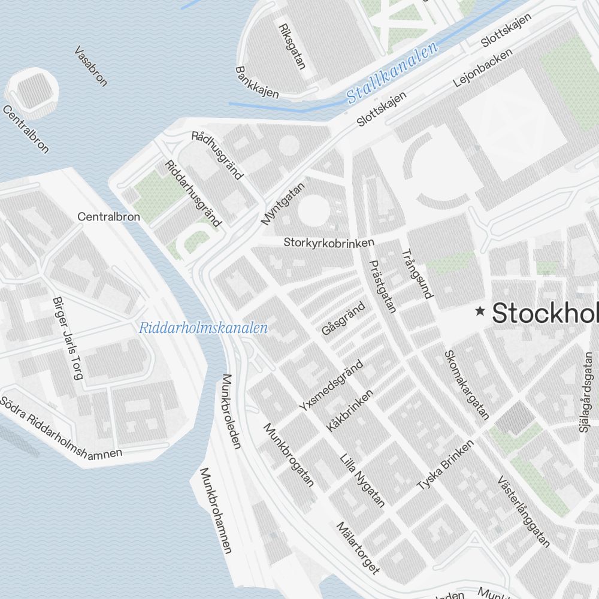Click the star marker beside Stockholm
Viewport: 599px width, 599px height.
pos(480,311)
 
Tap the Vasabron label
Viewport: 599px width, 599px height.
pos(91,66)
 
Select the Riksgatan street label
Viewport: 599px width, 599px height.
pos(292,46)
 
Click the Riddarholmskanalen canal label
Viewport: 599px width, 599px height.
pos(203,328)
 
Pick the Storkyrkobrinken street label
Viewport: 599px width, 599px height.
pos(329,243)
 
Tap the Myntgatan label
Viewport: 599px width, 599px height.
pos(283,204)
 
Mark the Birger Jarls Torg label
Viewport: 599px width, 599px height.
pos(68,338)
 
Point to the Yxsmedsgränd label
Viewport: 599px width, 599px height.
pos(331,385)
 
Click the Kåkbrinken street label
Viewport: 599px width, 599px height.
pos(350,410)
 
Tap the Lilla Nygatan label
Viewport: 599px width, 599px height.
pos(362,481)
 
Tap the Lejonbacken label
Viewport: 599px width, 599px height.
pos(483,66)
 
